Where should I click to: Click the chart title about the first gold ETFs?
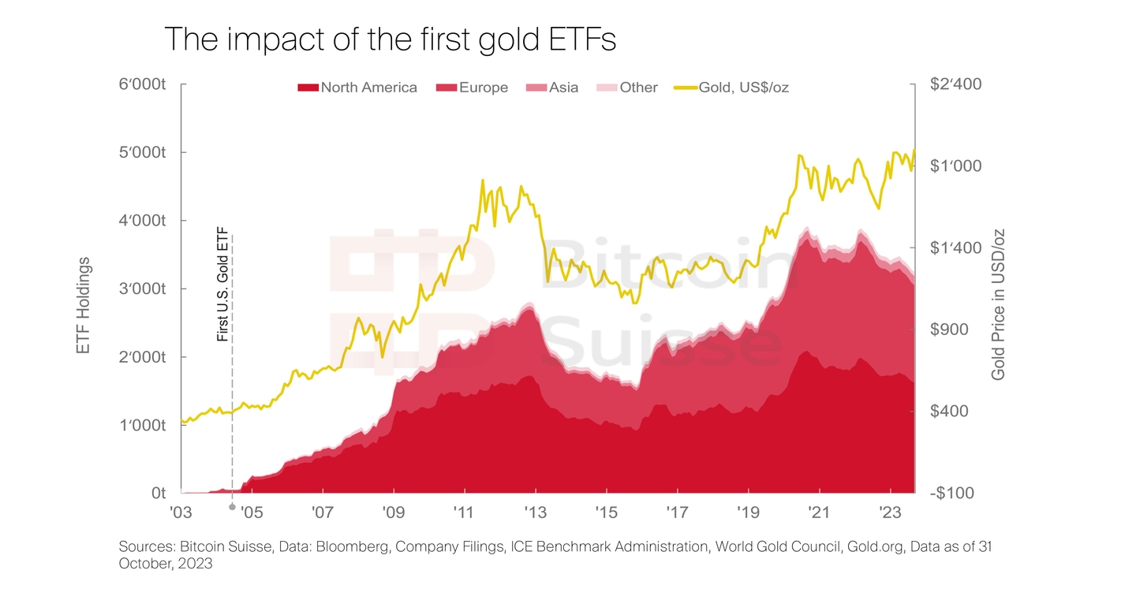coord(390,39)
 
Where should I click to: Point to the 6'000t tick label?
coord(143,84)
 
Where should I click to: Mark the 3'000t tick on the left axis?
coord(143,289)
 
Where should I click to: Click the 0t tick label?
coord(158,493)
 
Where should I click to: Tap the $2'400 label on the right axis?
coord(956,84)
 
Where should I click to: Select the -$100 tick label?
coord(951,493)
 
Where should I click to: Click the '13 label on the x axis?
coord(535,512)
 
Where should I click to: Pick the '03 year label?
coord(181,512)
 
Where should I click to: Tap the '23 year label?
coord(890,512)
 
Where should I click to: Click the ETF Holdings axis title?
coord(84,306)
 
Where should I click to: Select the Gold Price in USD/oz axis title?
coord(999,306)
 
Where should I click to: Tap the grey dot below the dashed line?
coord(232,507)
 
